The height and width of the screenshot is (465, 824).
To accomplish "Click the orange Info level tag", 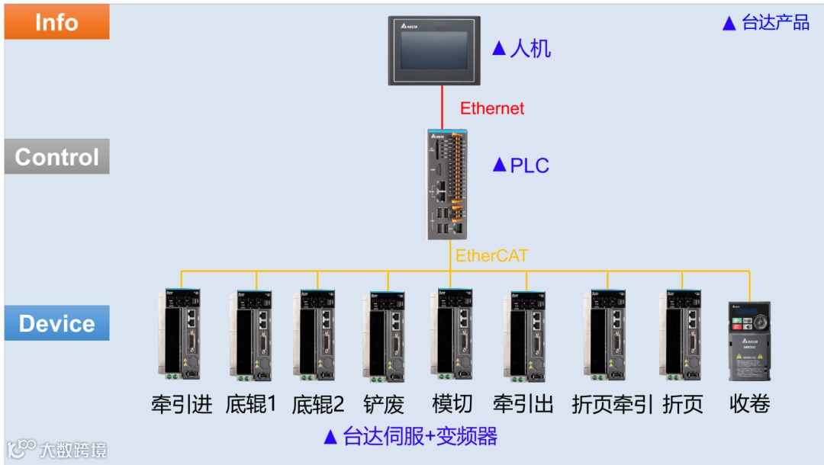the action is click(x=56, y=22).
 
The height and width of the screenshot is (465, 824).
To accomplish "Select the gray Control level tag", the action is click(x=56, y=157).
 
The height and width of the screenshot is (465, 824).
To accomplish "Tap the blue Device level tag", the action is click(x=56, y=323).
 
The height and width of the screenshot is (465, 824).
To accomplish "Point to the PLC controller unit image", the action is click(x=446, y=184).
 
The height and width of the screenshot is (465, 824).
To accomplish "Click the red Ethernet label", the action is click(x=492, y=108).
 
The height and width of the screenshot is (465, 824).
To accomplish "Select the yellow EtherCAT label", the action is click(x=491, y=255).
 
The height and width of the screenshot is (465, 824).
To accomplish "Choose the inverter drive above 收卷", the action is click(x=749, y=341).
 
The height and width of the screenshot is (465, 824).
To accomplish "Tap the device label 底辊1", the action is click(x=250, y=403).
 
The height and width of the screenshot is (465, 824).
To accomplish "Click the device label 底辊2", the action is click(x=317, y=403).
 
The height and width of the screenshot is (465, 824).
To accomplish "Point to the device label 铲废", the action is click(x=384, y=403).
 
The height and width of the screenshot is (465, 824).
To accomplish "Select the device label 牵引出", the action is click(x=523, y=403).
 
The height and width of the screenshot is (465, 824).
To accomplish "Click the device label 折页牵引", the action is click(x=612, y=403).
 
